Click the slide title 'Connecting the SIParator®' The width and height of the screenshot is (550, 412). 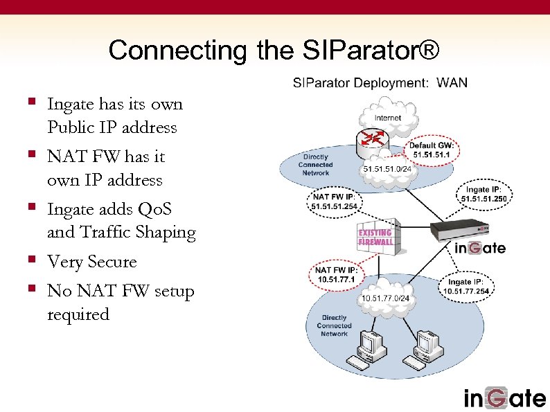(274, 51)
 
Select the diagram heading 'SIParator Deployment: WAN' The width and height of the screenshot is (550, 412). (380, 83)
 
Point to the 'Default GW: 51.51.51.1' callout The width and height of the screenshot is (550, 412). (431, 150)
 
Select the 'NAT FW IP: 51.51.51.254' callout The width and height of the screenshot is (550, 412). (335, 201)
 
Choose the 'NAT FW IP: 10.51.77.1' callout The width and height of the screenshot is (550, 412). (336, 274)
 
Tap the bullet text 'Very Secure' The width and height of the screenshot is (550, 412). (92, 262)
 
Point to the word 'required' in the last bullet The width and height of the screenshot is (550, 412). (78, 314)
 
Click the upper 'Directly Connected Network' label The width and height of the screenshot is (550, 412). (315, 165)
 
